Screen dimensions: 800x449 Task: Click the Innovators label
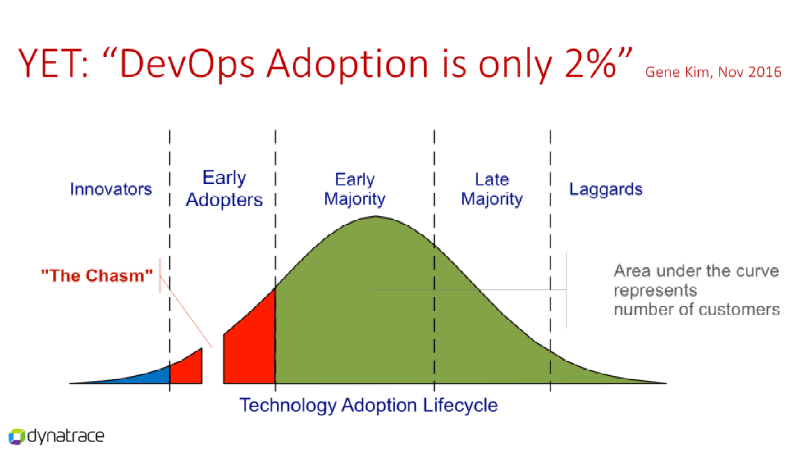[111, 189]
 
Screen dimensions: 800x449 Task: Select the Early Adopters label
[225, 188]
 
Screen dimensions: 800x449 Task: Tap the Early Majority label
[354, 188]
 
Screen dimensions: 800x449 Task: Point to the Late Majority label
[491, 188]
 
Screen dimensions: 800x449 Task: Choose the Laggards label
[606, 189]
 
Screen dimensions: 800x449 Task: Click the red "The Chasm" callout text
[97, 276]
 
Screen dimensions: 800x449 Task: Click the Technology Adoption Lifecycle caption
[368, 406]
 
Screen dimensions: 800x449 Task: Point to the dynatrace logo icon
[16, 436]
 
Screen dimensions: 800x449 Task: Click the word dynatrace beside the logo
[66, 436]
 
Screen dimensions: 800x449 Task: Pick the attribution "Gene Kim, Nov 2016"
[713, 72]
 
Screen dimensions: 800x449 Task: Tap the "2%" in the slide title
[590, 64]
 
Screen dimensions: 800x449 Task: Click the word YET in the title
[49, 64]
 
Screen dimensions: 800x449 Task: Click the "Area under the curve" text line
[696, 270]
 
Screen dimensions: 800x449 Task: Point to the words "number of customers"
[697, 310]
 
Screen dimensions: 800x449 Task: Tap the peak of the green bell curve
[376, 217]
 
